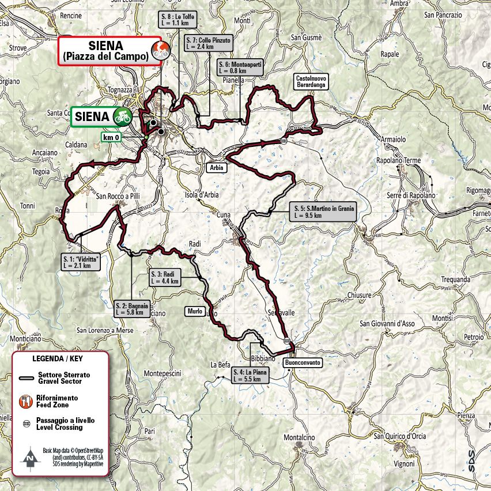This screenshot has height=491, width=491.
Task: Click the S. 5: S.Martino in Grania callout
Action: (x=323, y=211)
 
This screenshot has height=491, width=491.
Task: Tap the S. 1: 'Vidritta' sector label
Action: (x=80, y=262)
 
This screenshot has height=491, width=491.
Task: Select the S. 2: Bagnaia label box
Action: (x=133, y=309)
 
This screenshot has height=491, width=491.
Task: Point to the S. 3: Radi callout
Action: (x=165, y=278)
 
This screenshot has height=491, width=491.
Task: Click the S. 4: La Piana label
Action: (x=250, y=376)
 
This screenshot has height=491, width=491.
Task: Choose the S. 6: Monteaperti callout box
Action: (x=240, y=67)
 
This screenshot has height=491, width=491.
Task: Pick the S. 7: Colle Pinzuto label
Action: (x=209, y=44)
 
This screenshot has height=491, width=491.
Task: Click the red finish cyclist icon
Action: (x=156, y=50)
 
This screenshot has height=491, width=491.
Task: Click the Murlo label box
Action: (x=194, y=311)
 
